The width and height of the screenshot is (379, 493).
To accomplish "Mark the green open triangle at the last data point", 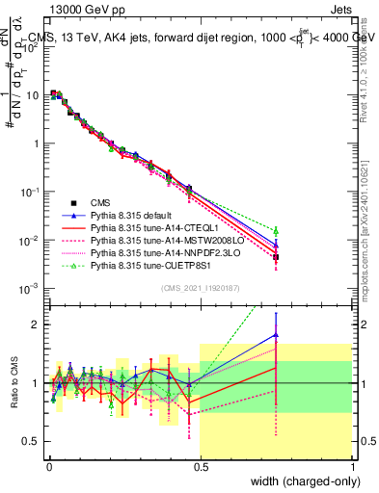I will pyautogui.click(x=277, y=231).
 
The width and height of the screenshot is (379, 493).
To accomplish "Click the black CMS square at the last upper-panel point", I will pyautogui.click(x=277, y=257).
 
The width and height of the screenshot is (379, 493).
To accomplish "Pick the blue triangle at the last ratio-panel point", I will pyautogui.click(x=277, y=335).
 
